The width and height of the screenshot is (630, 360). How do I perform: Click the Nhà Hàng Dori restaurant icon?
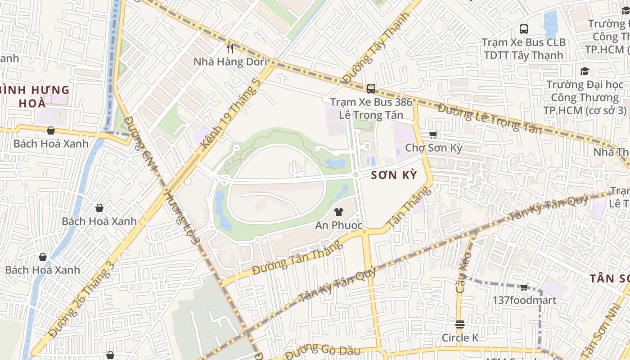click(230, 48)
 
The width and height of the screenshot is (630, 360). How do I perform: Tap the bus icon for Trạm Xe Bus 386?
click(371, 88)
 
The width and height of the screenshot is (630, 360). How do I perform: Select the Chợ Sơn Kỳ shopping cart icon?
click(433, 135)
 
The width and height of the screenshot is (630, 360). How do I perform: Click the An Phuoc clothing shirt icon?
click(339, 212)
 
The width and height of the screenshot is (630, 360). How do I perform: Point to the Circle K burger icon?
click(459, 324)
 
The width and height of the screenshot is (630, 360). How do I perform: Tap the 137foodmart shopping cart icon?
click(524, 287)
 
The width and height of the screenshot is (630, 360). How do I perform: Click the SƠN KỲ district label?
click(394, 175)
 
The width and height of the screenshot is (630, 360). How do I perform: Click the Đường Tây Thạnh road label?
click(377, 48)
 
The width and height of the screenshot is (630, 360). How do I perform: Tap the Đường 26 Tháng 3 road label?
click(82, 299)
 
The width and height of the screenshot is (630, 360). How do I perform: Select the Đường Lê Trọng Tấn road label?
click(490, 119)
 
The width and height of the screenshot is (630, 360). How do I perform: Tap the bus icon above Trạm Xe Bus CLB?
click(523, 29)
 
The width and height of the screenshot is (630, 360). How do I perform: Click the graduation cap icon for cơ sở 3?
click(585, 71)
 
